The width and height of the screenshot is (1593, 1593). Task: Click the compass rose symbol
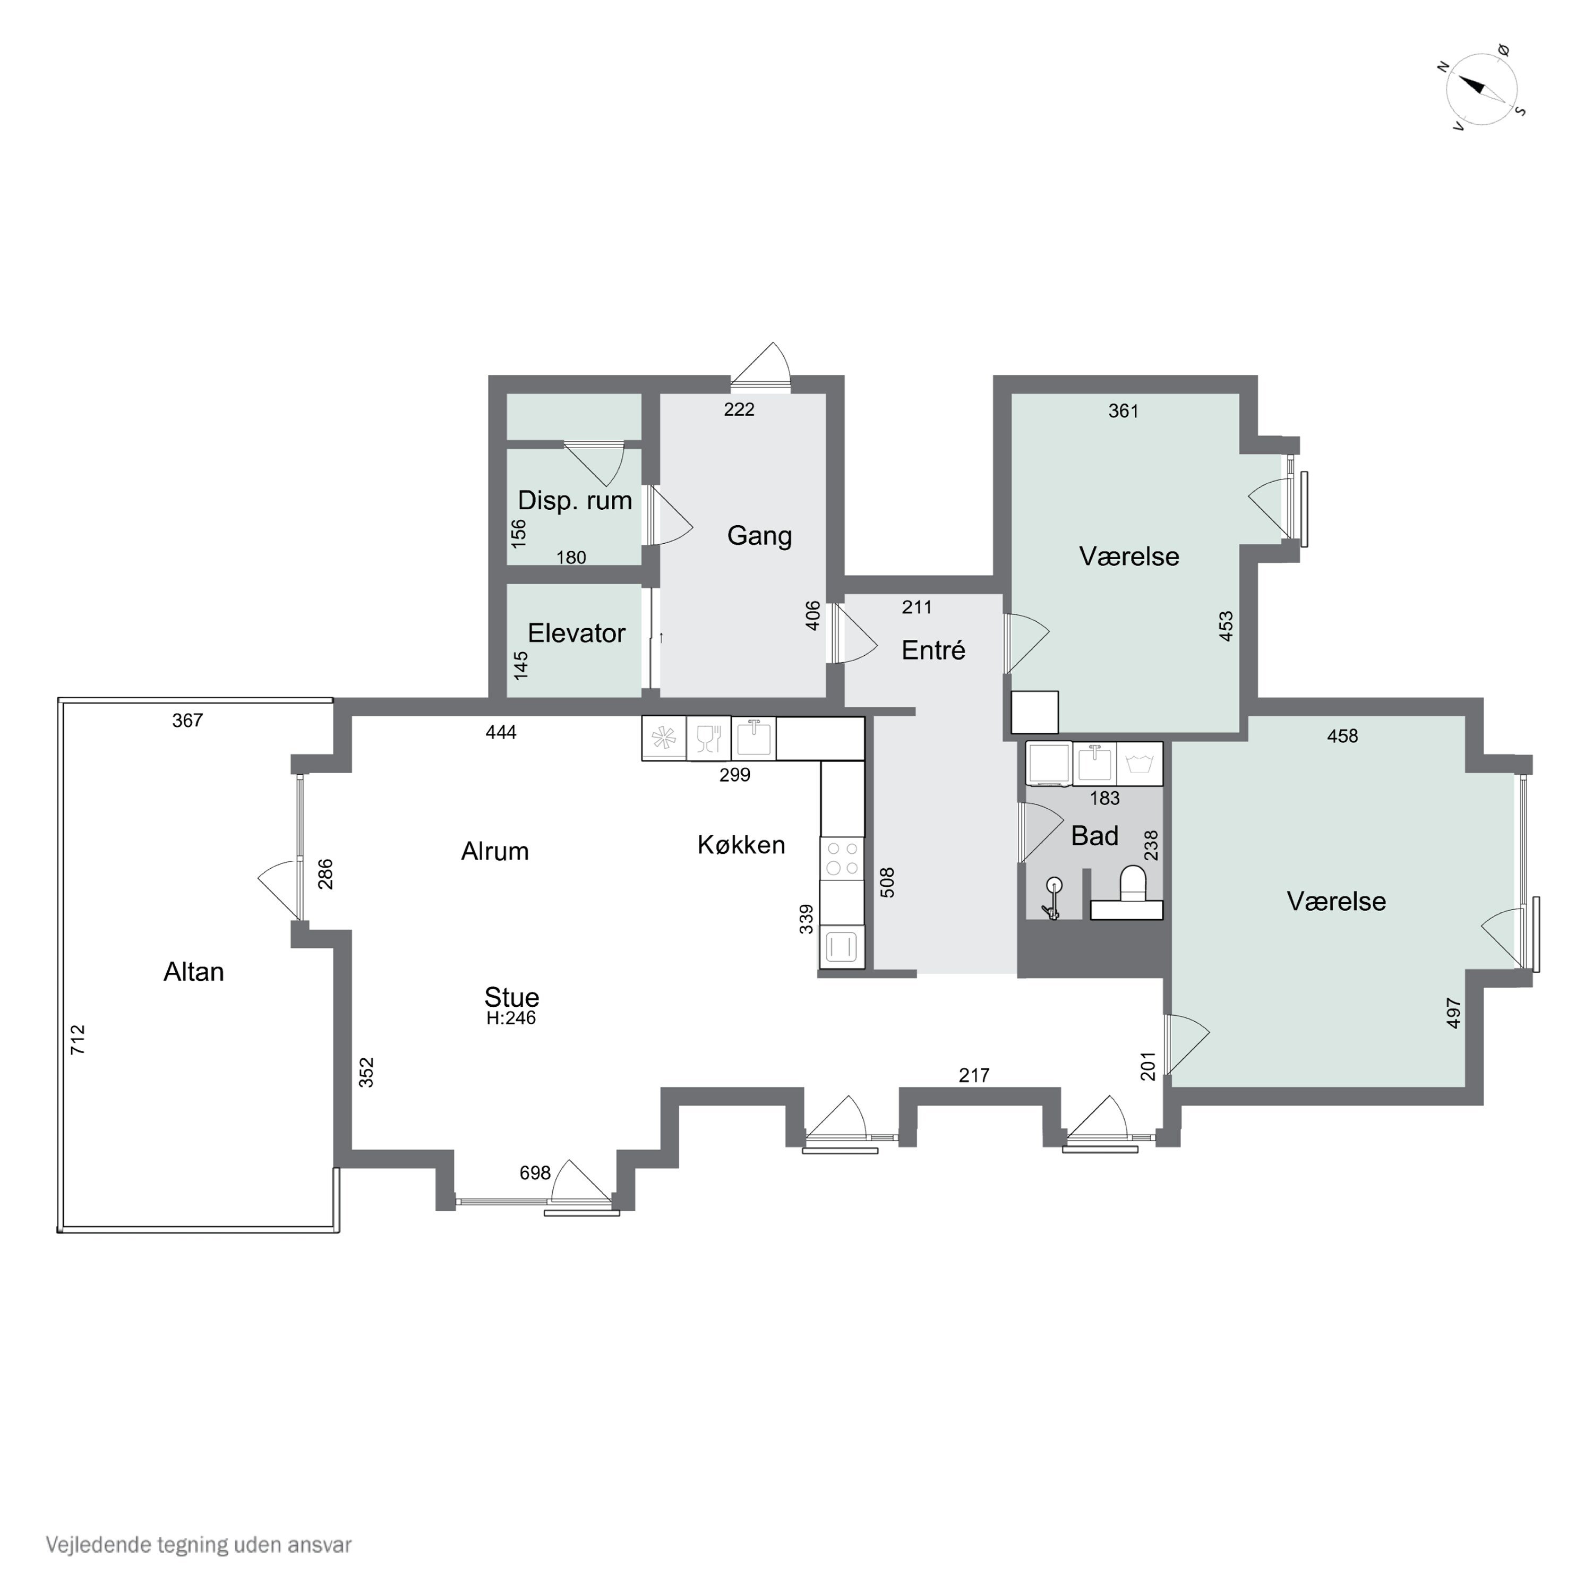tap(1481, 90)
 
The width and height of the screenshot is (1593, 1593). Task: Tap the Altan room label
tap(194, 972)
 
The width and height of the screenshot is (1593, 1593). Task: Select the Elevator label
tap(576, 633)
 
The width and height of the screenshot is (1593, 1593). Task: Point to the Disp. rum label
tap(575, 501)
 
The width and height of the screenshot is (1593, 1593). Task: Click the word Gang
tap(759, 536)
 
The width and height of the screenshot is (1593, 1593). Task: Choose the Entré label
tap(933, 650)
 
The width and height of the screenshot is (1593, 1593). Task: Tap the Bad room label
tap(1095, 836)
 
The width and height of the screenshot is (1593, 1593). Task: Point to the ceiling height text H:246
tap(511, 1018)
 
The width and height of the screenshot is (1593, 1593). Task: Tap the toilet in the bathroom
tap(1133, 882)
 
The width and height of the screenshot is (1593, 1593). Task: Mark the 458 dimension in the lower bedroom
tap(1342, 736)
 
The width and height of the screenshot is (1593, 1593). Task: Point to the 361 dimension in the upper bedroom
tap(1123, 410)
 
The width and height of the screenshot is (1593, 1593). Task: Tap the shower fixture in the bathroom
tap(1052, 898)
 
